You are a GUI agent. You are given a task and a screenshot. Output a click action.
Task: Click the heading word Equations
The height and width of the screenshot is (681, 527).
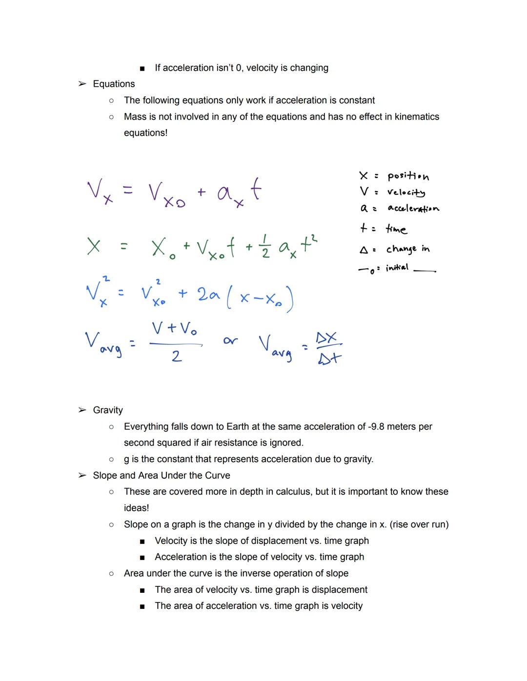pos(114,84)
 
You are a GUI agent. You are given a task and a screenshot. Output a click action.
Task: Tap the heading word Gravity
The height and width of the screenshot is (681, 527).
pos(108,410)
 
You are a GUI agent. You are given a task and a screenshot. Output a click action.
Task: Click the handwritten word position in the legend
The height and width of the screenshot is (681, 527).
pos(408,176)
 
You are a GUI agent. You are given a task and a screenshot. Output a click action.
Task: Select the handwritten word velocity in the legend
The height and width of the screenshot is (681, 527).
pos(406,193)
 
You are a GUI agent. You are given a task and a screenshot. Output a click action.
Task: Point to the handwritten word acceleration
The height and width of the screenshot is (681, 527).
pos(413,209)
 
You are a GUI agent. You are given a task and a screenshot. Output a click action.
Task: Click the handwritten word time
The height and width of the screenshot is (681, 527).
pos(396,229)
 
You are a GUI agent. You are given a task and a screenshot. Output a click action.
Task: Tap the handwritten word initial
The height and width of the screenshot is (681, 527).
pos(397,268)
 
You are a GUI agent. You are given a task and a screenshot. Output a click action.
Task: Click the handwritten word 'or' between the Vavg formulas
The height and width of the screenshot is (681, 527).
pos(230,341)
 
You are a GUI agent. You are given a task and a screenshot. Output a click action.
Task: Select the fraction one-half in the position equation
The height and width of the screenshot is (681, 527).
pos(265,247)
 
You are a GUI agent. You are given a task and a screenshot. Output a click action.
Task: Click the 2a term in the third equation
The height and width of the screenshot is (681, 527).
pos(208,294)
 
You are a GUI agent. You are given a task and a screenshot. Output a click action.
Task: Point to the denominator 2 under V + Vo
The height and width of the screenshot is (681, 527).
pos(177,356)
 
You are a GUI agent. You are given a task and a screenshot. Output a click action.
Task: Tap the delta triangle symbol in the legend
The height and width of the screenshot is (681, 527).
pos(364,250)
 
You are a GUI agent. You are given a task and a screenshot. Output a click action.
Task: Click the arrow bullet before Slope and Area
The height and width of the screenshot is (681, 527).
pos(82,475)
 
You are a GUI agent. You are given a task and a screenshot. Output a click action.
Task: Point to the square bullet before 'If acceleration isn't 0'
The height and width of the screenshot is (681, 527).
pos(142,68)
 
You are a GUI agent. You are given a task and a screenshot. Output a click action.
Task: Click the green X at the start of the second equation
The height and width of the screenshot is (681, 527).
pos(94,246)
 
